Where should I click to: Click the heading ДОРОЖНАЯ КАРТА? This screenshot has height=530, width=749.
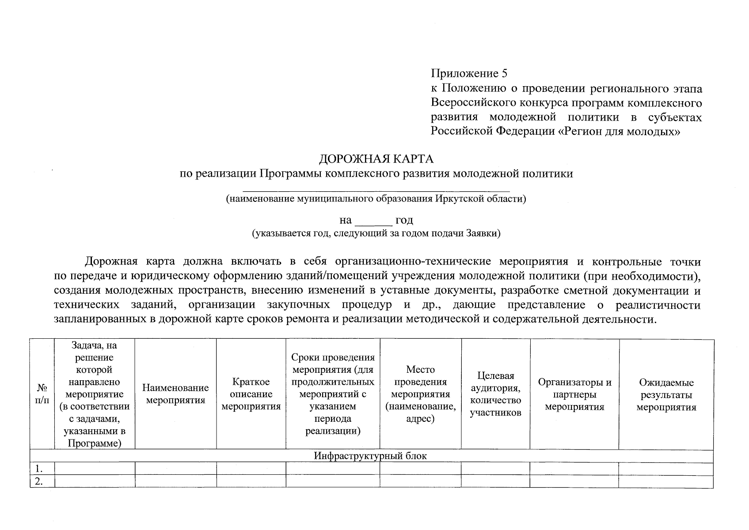coord(376,159)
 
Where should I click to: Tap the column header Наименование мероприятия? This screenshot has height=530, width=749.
coord(175,394)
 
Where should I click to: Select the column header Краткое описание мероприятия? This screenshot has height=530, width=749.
coord(251,394)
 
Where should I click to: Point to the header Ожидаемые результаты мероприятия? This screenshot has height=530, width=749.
coord(666,394)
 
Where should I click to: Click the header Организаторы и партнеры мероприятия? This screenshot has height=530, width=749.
coord(574,394)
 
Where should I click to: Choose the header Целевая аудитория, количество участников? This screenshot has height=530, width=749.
coord(495,394)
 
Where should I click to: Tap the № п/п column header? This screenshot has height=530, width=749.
coord(42,394)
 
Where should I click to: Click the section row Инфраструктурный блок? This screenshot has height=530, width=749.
coord(370,456)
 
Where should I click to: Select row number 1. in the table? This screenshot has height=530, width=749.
coord(39,469)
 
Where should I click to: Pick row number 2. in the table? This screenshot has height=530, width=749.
coord(39,481)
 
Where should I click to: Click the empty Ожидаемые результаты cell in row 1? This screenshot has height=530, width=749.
coord(666,469)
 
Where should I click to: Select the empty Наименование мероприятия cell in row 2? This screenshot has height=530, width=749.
coord(175,481)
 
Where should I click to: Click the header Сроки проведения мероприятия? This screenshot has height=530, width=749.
coord(333,394)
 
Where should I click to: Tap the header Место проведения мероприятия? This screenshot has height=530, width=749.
coord(420,394)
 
